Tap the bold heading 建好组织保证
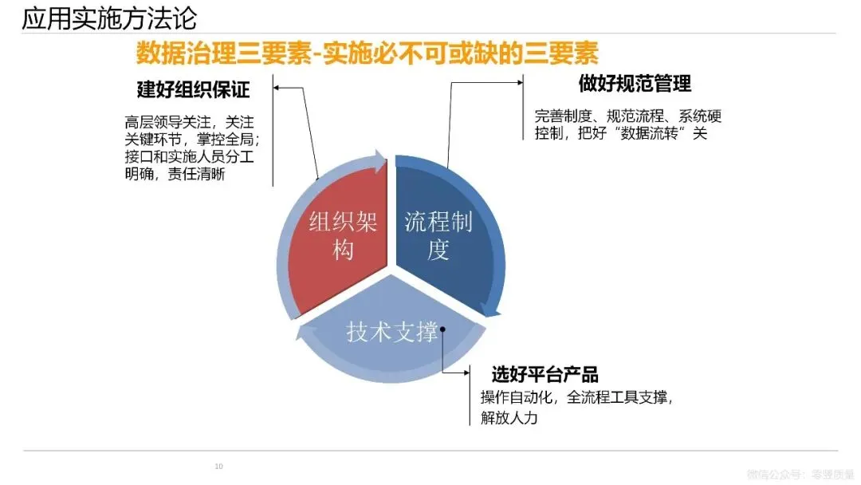(x=194, y=89)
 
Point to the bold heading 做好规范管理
(x=635, y=83)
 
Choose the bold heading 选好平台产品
(x=545, y=374)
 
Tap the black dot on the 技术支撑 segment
(x=442, y=329)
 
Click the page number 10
(x=219, y=466)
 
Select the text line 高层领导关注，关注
(x=189, y=122)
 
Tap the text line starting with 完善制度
(x=628, y=116)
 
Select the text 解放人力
(x=509, y=418)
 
